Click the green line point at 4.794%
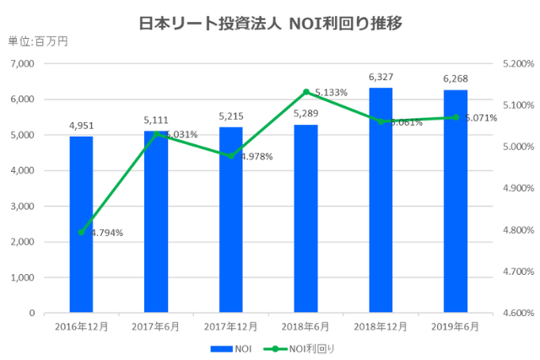click(x=81, y=232)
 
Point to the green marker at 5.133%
click(x=305, y=92)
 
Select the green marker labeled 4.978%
click(x=231, y=156)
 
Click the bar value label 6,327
click(x=381, y=78)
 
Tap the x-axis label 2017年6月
click(x=156, y=326)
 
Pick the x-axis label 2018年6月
click(x=305, y=326)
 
